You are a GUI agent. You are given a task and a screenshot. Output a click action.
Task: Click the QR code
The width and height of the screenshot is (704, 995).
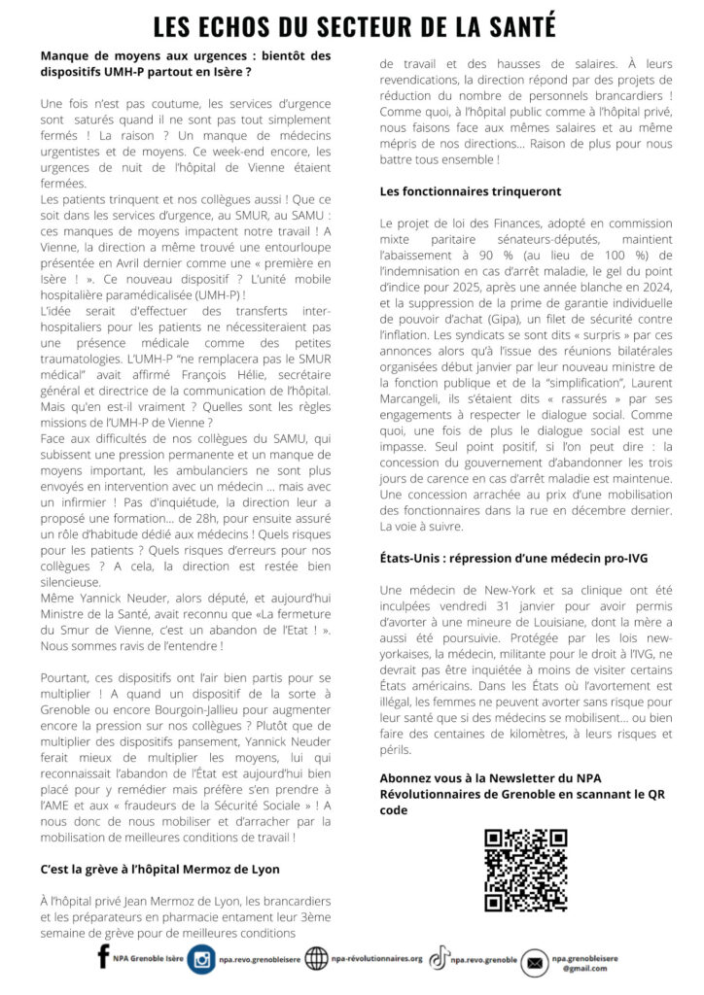tap(525, 870)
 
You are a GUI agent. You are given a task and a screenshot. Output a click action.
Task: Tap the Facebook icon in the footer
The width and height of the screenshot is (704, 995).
tap(104, 957)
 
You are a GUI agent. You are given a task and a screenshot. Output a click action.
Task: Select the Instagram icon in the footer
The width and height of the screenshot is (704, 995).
tap(201, 959)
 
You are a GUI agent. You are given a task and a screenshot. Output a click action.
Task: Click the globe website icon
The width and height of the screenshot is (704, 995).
tap(317, 959)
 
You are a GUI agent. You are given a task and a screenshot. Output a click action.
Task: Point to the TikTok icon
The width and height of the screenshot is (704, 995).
tap(440, 958)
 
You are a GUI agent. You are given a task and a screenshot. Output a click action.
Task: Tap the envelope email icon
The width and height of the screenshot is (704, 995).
tap(534, 962)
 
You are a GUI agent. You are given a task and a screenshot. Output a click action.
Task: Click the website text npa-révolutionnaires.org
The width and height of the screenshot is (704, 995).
tap(377, 959)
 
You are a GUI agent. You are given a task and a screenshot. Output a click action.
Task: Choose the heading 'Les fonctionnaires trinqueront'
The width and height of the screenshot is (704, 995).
tap(470, 191)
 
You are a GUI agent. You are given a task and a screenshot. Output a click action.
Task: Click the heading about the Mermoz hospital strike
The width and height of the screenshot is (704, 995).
tap(159, 869)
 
